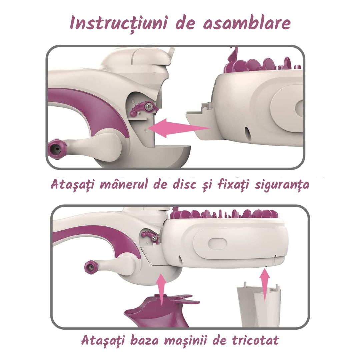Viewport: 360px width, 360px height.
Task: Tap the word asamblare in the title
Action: (x=247, y=23)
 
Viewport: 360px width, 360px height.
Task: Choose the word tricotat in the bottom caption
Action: (x=255, y=340)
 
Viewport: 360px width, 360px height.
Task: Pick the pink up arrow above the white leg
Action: (x=265, y=285)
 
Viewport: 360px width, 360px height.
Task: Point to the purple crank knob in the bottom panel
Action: (x=91, y=267)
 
